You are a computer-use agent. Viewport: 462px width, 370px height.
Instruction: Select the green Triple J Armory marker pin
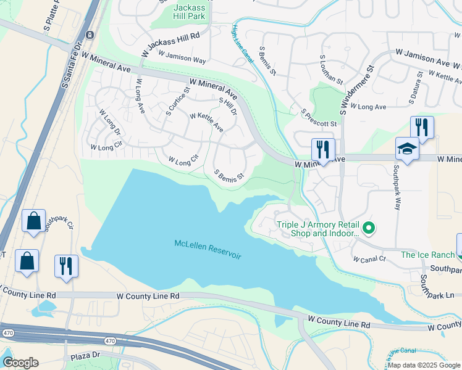(x=369, y=229)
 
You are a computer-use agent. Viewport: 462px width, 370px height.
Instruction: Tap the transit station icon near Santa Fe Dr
(x=90, y=35)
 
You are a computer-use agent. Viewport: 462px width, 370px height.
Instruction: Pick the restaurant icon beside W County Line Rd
(x=66, y=266)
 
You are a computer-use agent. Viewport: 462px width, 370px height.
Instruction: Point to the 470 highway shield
(x=109, y=340)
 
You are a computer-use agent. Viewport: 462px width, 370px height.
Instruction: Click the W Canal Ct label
(x=369, y=259)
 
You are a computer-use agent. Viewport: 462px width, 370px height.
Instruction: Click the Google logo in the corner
(x=20, y=363)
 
